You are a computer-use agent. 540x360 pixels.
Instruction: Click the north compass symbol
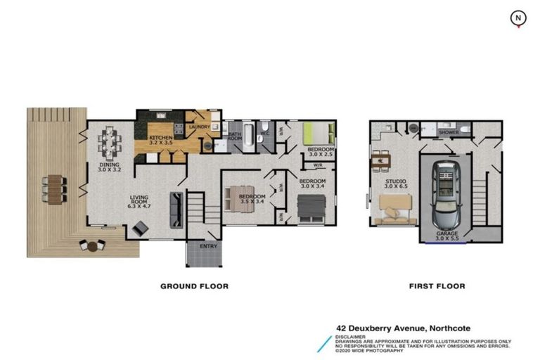pos(518,18)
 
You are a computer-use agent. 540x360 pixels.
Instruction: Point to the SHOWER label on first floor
pos(448,131)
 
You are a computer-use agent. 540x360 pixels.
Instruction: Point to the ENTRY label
pos(208,246)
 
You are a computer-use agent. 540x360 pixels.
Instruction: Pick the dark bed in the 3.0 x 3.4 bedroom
pos(311,207)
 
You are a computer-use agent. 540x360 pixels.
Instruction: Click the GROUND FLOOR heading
pos(194,286)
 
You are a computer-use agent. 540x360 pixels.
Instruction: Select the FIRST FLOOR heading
pos(437,286)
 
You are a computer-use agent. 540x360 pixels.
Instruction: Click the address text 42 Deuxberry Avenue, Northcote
pos(403,328)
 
